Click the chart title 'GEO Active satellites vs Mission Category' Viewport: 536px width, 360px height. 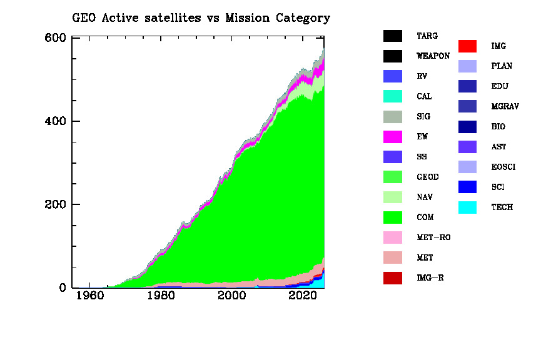click(x=201, y=17)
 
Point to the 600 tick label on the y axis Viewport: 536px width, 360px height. click(x=57, y=37)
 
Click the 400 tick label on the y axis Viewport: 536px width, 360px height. click(x=57, y=121)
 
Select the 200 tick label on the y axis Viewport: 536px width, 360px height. click(x=57, y=205)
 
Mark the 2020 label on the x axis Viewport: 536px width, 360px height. click(x=305, y=296)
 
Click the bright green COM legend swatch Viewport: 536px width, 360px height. click(x=393, y=217)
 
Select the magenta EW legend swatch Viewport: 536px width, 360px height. click(x=393, y=137)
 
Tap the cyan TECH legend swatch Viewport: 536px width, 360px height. click(x=467, y=207)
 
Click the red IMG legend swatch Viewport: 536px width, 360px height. click(x=467, y=46)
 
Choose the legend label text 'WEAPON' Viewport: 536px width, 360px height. click(x=433, y=56)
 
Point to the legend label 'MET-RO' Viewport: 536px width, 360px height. click(x=433, y=237)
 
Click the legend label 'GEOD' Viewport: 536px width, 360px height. click(x=428, y=177)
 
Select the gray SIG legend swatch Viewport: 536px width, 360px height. click(x=393, y=117)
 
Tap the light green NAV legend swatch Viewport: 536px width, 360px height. click(x=393, y=197)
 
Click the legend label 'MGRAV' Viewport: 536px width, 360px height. click(x=505, y=106)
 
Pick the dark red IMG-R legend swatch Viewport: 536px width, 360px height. click(x=393, y=277)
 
